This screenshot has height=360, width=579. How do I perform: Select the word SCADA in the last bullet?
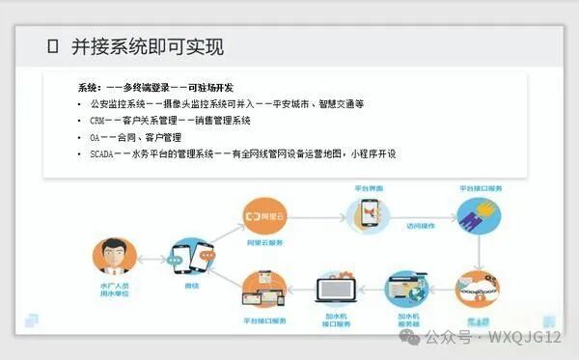click(x=102, y=153)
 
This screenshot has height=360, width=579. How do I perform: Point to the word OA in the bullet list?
click(x=95, y=137)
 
